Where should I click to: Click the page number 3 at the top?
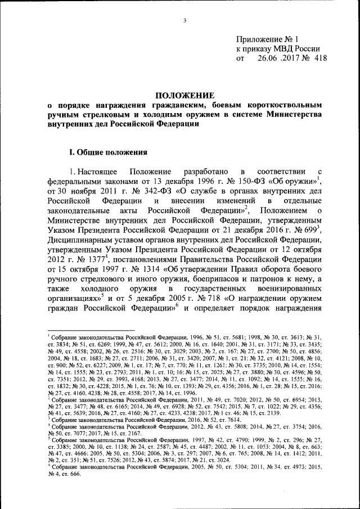click(x=184, y=21)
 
